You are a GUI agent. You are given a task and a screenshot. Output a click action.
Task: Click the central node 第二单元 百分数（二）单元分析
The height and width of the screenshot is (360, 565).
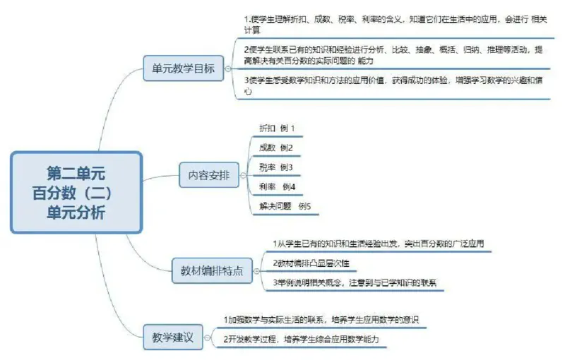point(76,192)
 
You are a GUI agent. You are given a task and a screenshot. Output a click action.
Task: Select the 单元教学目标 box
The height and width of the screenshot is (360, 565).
point(184,69)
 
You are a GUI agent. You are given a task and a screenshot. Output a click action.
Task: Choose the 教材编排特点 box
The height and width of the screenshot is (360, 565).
point(213,270)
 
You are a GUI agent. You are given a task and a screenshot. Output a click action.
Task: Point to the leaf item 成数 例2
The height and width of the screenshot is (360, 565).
point(276,148)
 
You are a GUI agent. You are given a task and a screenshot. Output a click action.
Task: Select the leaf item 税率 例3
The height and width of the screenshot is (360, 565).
point(276,167)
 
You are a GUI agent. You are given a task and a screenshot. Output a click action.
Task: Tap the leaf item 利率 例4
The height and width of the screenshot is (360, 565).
point(277,187)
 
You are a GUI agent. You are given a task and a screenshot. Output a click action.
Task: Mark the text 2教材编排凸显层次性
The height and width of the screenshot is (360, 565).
point(311,263)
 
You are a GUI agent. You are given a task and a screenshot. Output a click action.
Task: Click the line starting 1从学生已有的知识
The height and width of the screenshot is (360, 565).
point(377,244)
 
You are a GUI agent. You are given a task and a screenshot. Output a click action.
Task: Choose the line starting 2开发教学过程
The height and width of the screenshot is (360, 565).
point(301,340)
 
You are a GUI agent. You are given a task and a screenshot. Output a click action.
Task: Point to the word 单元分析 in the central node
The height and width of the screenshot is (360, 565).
point(76,212)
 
